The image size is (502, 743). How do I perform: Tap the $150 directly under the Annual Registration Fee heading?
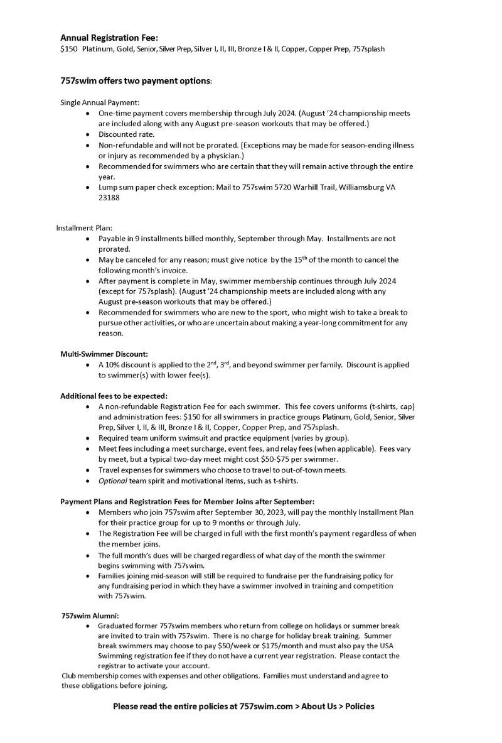pyautogui.click(x=68, y=48)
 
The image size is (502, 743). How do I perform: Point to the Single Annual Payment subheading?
pyautogui.click(x=100, y=102)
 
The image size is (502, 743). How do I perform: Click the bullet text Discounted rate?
pyautogui.click(x=126, y=134)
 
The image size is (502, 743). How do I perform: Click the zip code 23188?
pyautogui.click(x=109, y=198)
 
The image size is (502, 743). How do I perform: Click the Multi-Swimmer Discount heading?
pyautogui.click(x=104, y=354)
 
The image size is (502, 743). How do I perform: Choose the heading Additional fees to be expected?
pyautogui.click(x=114, y=396)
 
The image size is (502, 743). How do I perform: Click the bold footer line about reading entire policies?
pyautogui.click(x=243, y=707)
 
